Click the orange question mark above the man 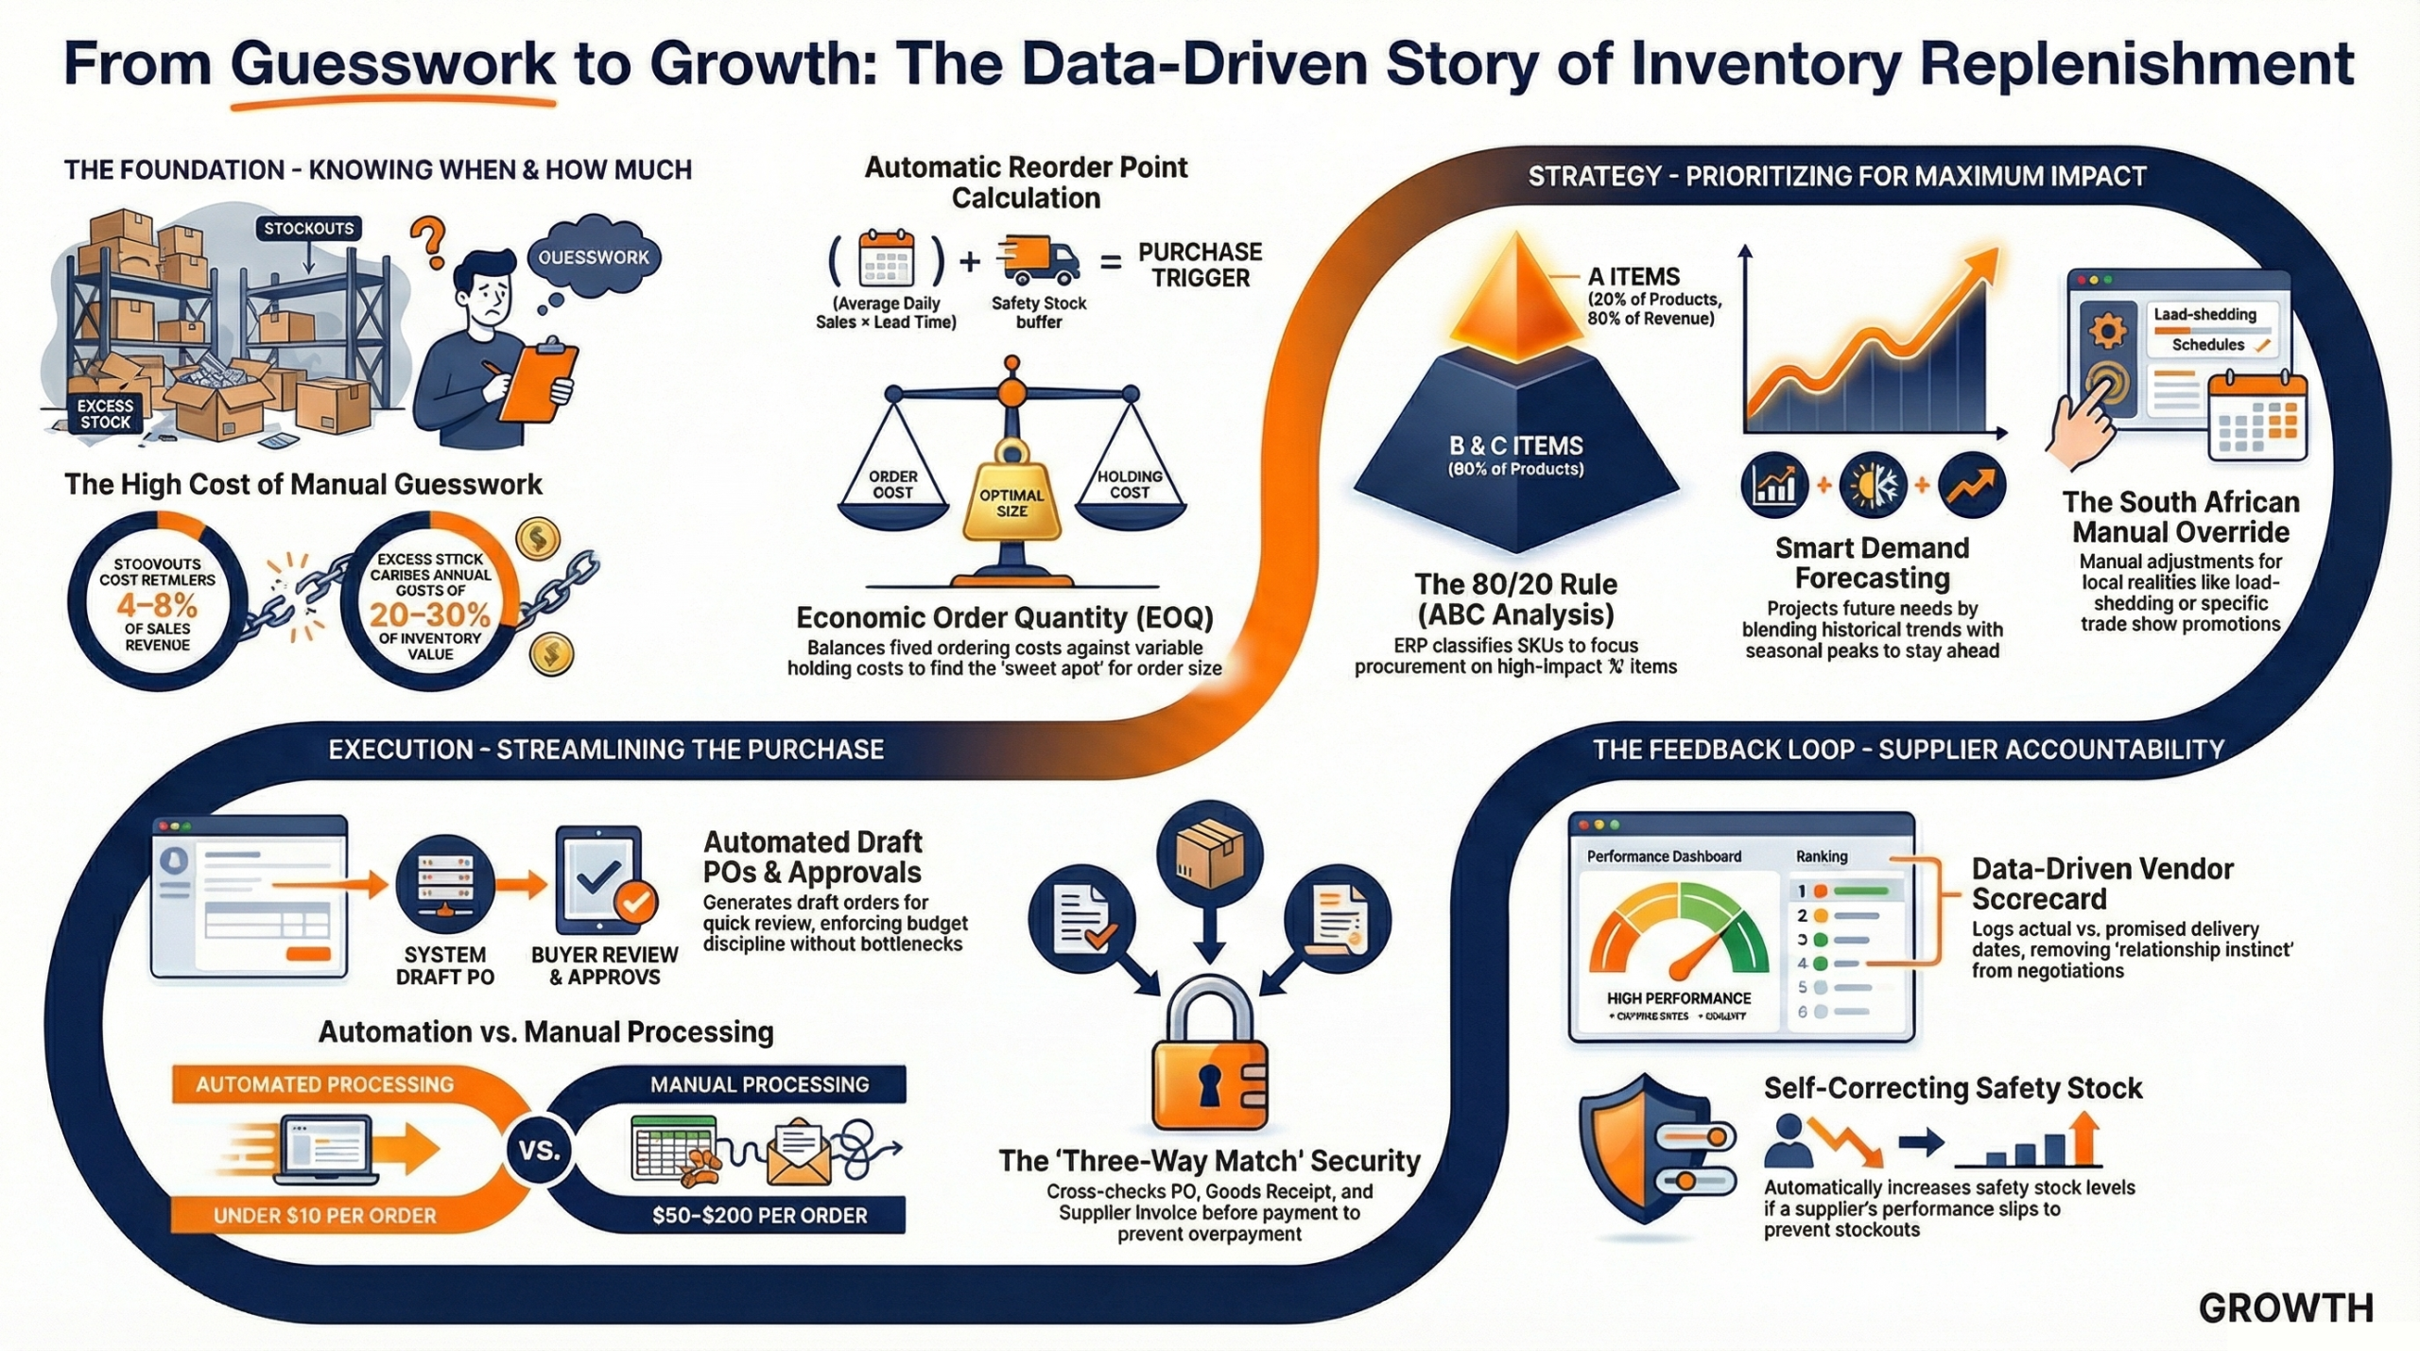[431, 241]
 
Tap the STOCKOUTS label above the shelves [308, 228]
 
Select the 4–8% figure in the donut [157, 604]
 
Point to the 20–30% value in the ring [430, 615]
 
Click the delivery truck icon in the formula [1038, 260]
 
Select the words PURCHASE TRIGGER [1200, 265]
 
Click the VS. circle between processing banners [540, 1151]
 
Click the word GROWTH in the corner [2285, 1308]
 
